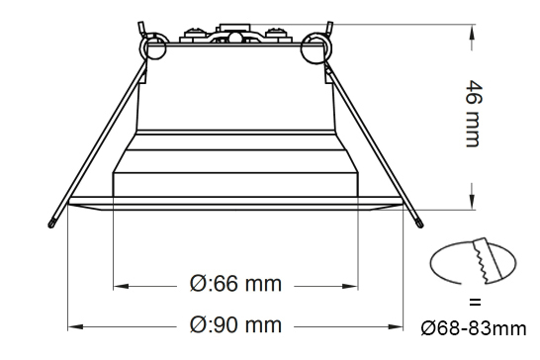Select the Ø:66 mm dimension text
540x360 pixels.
[234, 285]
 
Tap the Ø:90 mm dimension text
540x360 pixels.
[234, 324]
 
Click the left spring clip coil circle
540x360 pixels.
[153, 45]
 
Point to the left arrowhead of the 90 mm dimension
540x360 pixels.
[72, 325]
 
